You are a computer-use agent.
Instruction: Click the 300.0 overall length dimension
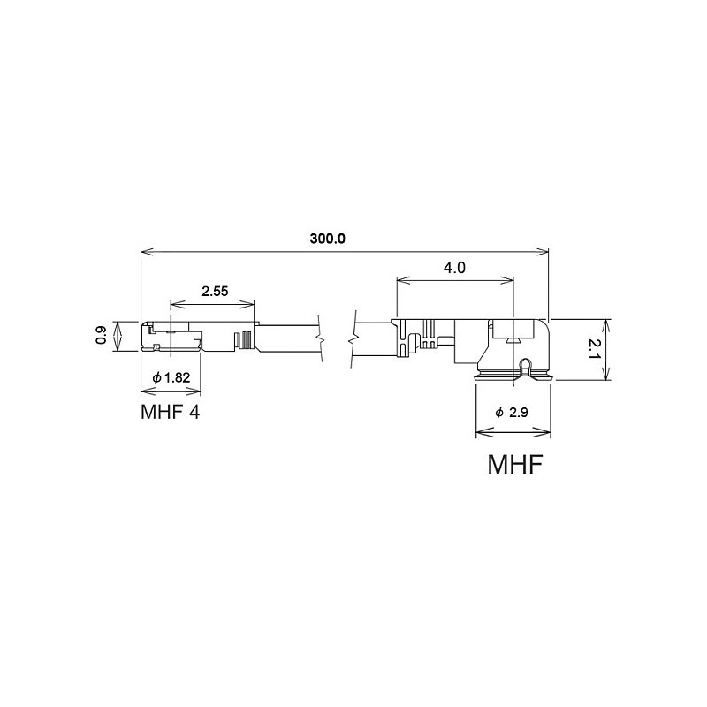[327, 239]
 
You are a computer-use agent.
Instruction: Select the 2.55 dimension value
[215, 292]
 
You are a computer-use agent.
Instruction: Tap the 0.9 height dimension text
[101, 335]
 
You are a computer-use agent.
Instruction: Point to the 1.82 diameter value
[177, 377]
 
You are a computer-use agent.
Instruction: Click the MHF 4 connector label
[170, 412]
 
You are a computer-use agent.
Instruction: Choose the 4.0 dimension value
[454, 268]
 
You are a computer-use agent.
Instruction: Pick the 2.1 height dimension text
[595, 349]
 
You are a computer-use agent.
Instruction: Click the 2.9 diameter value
[518, 412]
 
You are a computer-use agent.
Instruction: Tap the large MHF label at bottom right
[514, 464]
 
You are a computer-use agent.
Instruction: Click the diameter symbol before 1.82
[156, 378]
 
